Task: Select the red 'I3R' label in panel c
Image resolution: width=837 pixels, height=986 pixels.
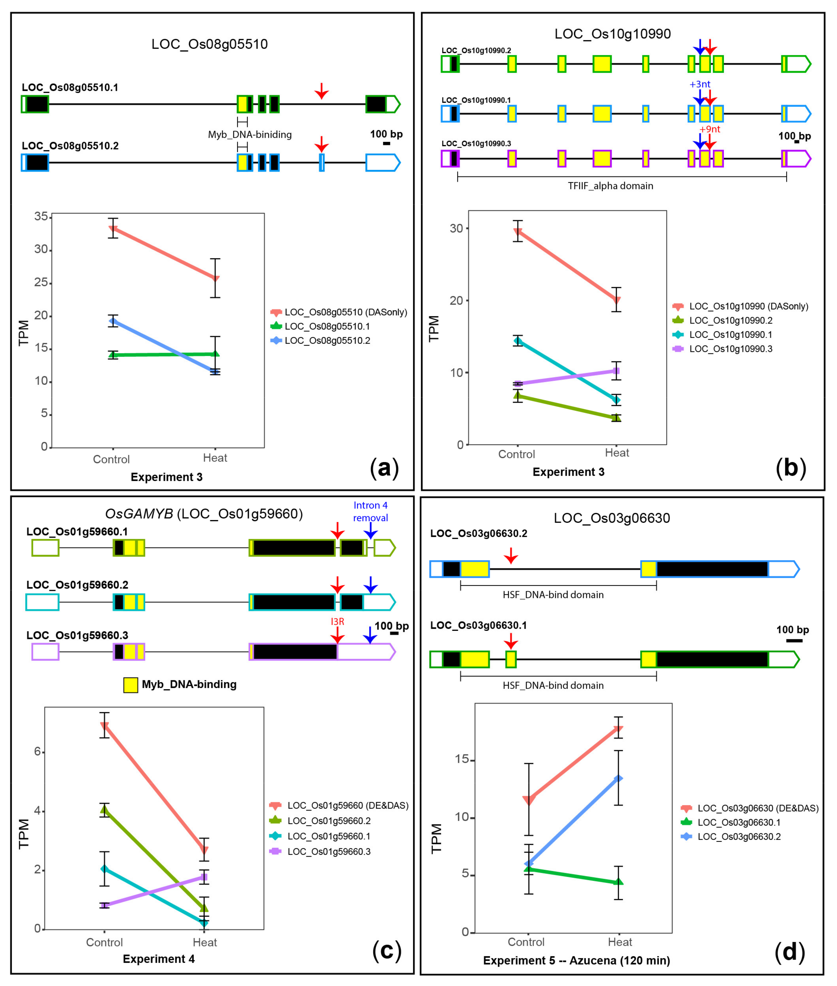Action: point(337,621)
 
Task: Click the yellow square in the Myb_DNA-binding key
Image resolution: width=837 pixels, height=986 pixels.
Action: point(131,685)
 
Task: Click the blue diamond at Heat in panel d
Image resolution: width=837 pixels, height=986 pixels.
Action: point(618,778)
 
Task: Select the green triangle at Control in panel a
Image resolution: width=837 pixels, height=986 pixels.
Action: point(113,355)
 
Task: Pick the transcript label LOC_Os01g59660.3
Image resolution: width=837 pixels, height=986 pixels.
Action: point(77,635)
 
